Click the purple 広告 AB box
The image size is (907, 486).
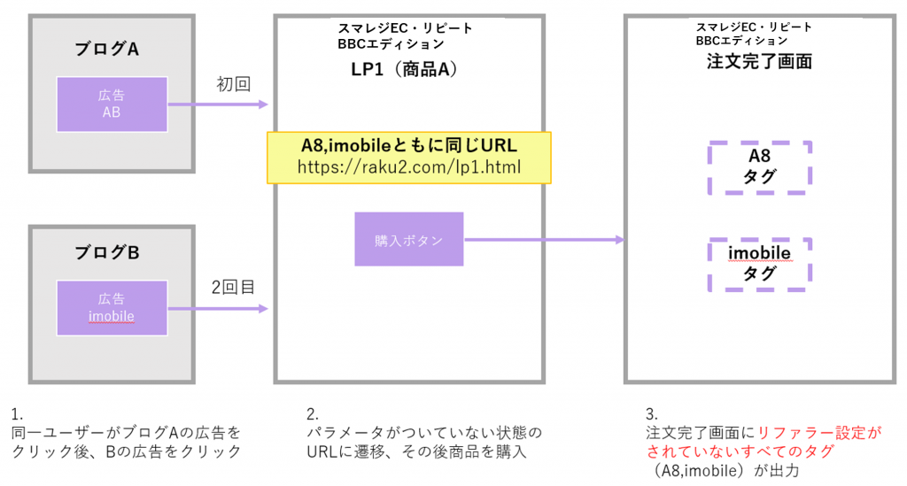point(112,104)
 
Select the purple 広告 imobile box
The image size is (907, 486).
point(112,307)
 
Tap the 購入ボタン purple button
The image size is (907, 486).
point(408,239)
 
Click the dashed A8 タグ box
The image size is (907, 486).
point(760,166)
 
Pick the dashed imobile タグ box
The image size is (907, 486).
point(759,264)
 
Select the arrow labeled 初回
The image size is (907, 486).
point(217,104)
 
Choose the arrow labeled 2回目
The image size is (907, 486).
point(217,308)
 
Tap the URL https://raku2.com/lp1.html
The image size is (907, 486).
point(409,167)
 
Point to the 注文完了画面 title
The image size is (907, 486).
point(759,62)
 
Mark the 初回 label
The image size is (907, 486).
point(234,85)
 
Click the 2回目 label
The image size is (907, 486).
point(233,288)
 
